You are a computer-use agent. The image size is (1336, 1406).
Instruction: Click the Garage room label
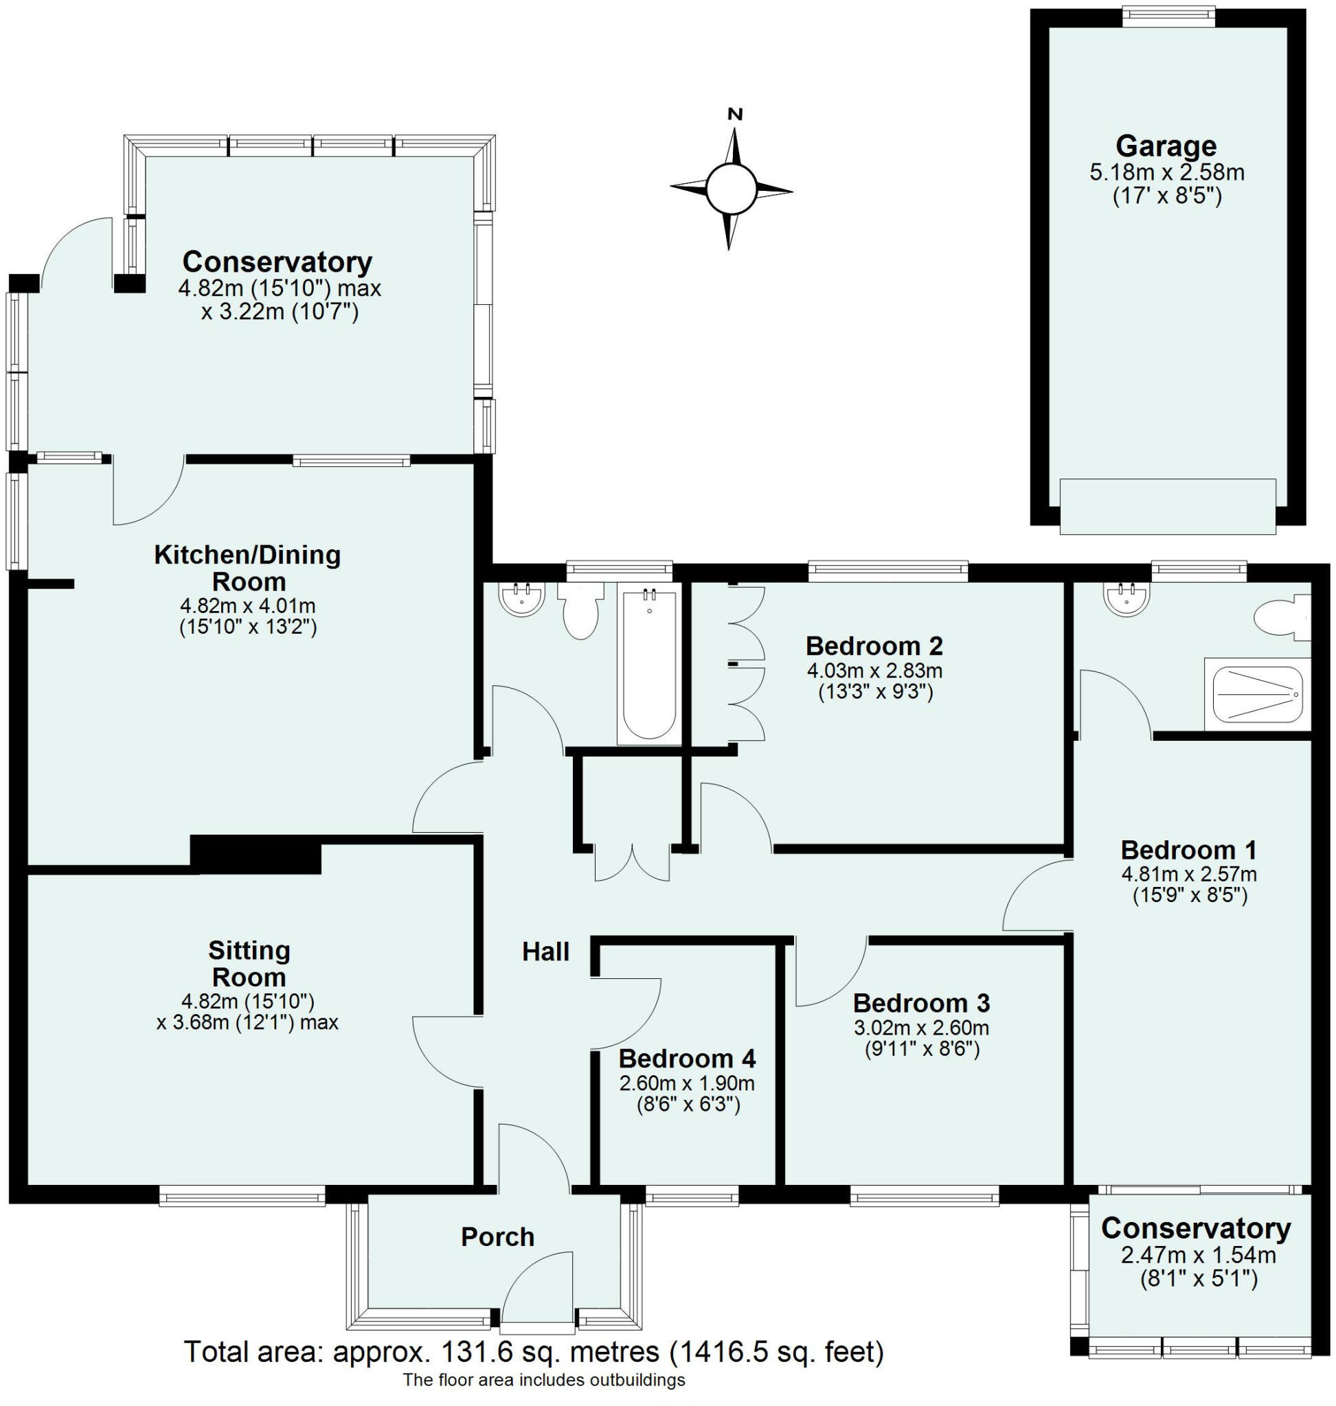click(x=1166, y=147)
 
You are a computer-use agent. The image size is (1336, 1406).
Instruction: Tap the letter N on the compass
click(x=735, y=114)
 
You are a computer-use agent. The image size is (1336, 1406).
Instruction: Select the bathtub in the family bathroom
click(x=648, y=662)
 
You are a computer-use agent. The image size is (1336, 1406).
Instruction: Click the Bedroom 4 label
click(x=686, y=1059)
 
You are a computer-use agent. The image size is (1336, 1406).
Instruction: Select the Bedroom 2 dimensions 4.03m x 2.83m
click(x=874, y=670)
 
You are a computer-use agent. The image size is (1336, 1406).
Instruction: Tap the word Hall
click(x=545, y=952)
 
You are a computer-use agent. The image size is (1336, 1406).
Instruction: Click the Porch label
click(x=497, y=1237)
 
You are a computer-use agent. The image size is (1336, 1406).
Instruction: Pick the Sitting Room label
click(x=249, y=964)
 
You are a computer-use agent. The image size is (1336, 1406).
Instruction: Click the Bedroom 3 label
click(x=921, y=1003)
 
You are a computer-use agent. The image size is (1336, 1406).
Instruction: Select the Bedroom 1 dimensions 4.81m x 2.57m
click(x=1188, y=873)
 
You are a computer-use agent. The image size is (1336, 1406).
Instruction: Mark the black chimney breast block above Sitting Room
click(x=256, y=854)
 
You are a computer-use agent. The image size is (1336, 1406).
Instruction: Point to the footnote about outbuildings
click(x=544, y=1381)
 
